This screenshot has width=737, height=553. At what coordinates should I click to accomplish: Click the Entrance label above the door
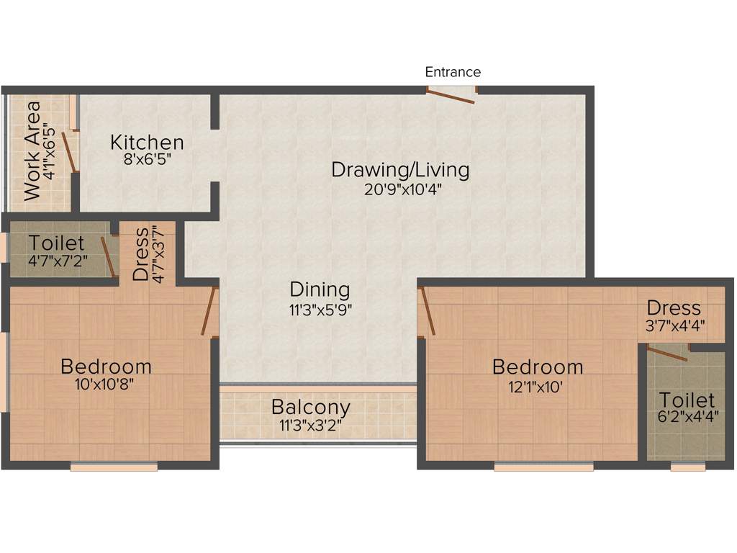[453, 72]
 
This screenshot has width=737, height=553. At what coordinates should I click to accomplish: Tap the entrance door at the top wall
[451, 94]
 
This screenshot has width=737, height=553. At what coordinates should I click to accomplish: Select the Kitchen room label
[147, 143]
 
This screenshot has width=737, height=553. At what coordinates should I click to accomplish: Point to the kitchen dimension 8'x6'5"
[146, 160]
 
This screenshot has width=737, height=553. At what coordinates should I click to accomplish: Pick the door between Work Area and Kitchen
[69, 150]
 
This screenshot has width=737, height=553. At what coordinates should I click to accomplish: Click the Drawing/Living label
[400, 170]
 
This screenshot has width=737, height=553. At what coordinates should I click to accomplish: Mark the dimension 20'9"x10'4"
[400, 189]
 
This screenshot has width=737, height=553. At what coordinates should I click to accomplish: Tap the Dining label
[320, 289]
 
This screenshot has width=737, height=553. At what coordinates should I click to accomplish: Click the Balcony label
[310, 407]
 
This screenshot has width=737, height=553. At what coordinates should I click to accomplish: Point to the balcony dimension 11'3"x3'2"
[310, 425]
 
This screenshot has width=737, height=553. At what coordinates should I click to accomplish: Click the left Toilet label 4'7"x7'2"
[56, 244]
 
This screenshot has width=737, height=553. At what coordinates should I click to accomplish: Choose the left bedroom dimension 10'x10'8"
[105, 384]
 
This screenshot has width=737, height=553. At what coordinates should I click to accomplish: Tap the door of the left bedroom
[209, 311]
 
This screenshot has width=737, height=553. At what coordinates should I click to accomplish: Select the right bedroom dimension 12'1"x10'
[537, 385]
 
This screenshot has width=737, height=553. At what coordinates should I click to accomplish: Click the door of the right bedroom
[427, 311]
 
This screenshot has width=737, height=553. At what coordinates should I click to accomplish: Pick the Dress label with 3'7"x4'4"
[674, 308]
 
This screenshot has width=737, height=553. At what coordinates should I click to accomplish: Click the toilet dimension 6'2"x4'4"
[687, 417]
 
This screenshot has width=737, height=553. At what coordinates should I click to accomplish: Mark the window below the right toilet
[687, 467]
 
